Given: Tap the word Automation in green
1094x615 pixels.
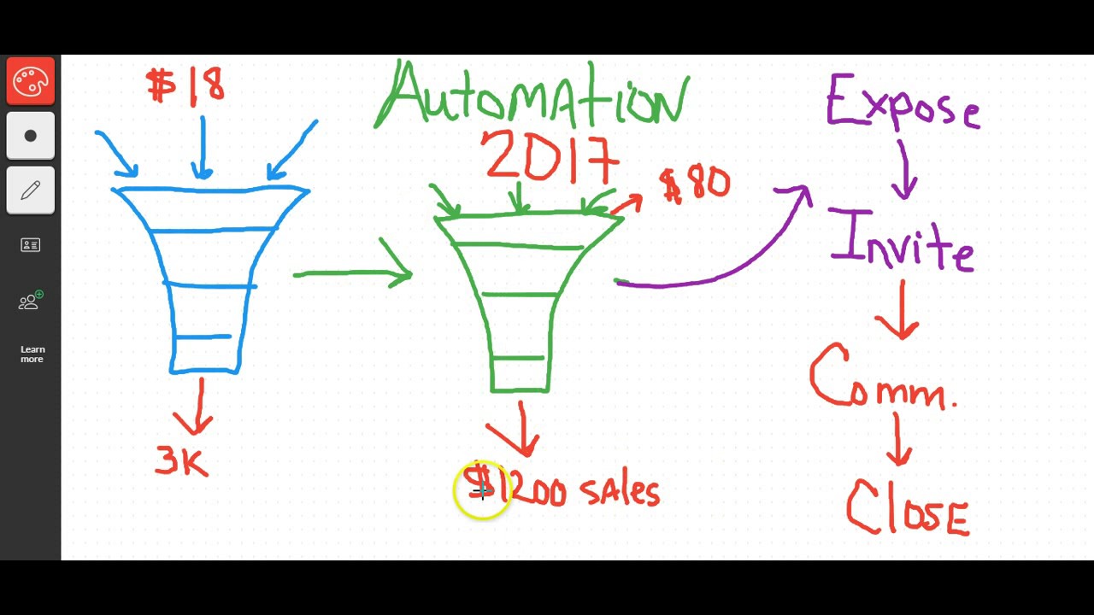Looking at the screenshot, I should (x=532, y=96).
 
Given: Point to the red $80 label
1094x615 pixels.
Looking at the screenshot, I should (x=695, y=184).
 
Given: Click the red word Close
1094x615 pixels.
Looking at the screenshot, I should (x=907, y=507).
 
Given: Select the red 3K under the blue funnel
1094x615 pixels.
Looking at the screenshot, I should (x=181, y=461).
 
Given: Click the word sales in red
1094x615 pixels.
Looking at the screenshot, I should (x=620, y=491).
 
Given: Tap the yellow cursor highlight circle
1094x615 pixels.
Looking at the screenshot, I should (x=482, y=490).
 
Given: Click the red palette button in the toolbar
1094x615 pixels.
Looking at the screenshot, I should (x=31, y=81).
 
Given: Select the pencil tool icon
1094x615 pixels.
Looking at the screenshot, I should (x=31, y=190).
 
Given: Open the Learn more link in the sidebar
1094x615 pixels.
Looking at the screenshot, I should (x=32, y=354).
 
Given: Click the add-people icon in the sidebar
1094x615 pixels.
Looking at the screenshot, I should (x=31, y=301).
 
